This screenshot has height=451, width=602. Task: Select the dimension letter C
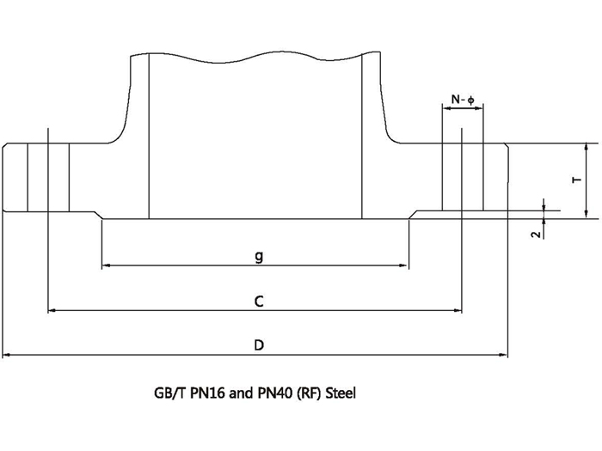258,301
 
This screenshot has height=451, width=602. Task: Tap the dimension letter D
258,345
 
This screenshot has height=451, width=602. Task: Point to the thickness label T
575,180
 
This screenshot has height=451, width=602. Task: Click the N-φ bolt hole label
463,101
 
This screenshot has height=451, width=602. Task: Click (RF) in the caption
307,394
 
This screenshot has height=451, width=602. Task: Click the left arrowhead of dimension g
106,266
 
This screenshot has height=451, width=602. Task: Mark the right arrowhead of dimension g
404,266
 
